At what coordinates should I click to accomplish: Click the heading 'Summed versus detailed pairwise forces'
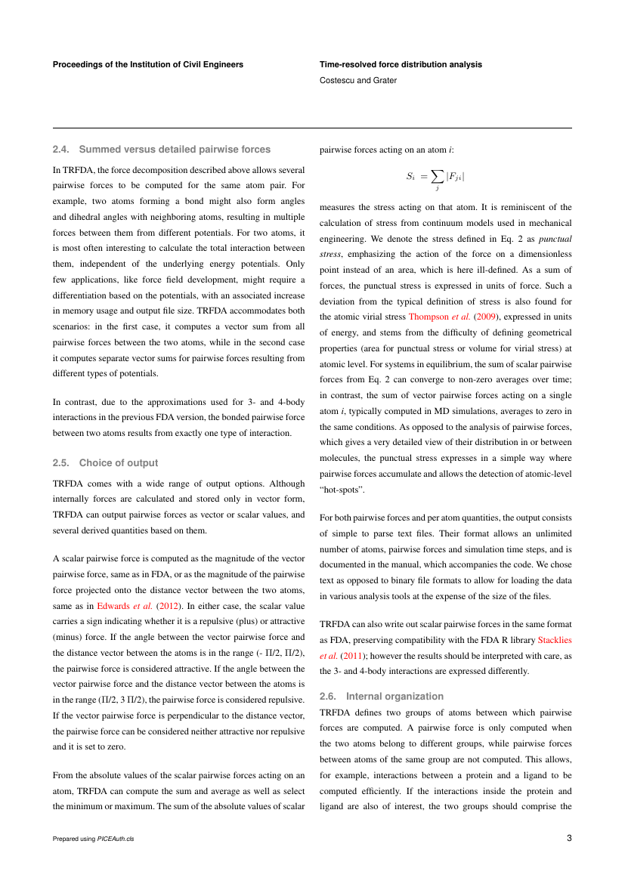point(175,149)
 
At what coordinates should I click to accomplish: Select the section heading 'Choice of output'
point(119,462)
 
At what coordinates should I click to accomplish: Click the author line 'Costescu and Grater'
point(358,80)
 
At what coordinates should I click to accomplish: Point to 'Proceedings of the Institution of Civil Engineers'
point(148,64)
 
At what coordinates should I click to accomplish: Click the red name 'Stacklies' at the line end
point(554,642)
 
